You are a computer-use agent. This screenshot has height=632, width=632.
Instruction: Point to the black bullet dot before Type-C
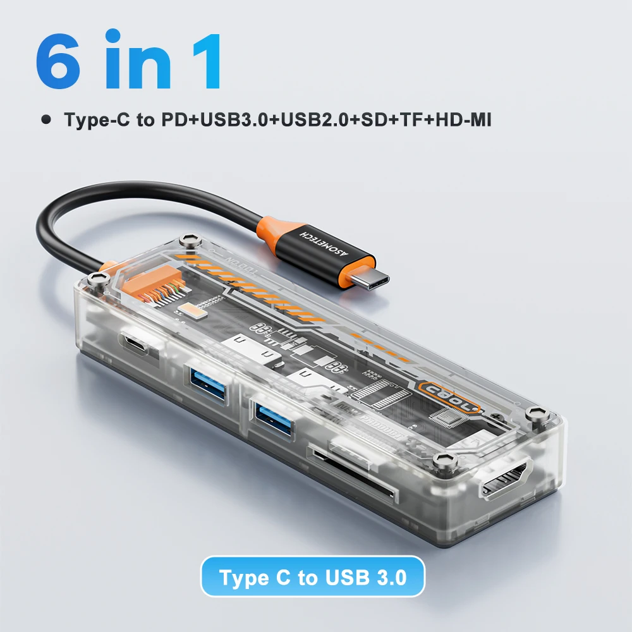45,119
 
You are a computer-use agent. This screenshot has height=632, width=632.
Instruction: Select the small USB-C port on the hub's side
137,346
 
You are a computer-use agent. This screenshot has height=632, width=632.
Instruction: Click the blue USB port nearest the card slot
273,413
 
